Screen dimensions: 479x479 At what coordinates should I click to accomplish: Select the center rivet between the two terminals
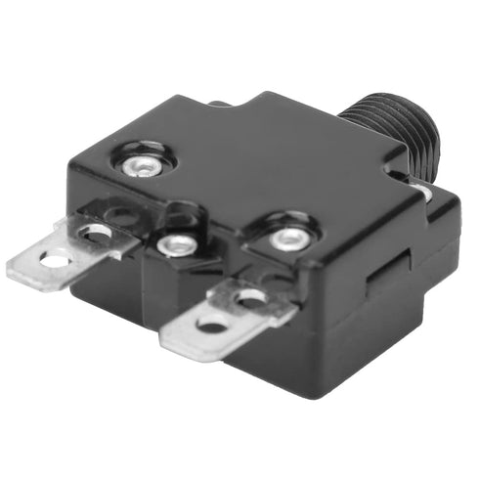click(x=177, y=245)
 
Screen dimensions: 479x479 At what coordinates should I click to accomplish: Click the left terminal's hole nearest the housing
click(x=96, y=233)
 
